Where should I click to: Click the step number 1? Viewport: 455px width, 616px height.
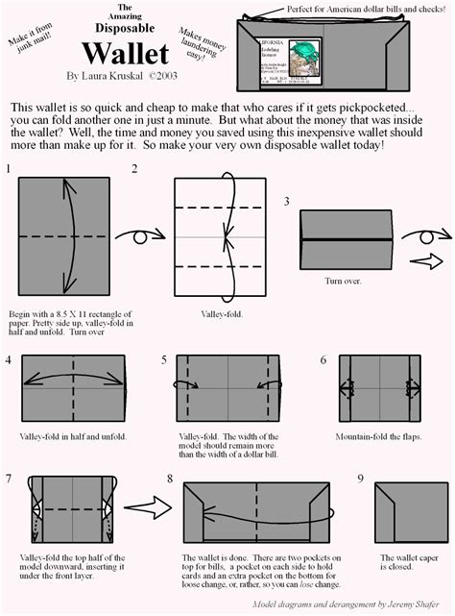[9, 170]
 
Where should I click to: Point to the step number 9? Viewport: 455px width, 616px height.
[360, 478]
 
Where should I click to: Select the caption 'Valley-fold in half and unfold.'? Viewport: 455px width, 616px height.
[72, 435]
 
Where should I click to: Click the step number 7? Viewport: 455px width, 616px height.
[9, 478]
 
